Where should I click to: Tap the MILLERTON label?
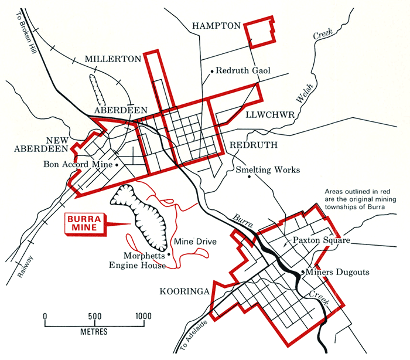[113, 59]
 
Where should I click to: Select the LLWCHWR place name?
[269, 114]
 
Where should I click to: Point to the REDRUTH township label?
[252, 144]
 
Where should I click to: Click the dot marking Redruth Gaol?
[211, 71]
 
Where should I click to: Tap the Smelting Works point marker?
[250, 178]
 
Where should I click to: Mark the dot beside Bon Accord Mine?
[117, 165]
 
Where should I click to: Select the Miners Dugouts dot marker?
[302, 272]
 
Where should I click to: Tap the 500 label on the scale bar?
[94, 317]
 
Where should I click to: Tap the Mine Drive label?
[196, 241]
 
